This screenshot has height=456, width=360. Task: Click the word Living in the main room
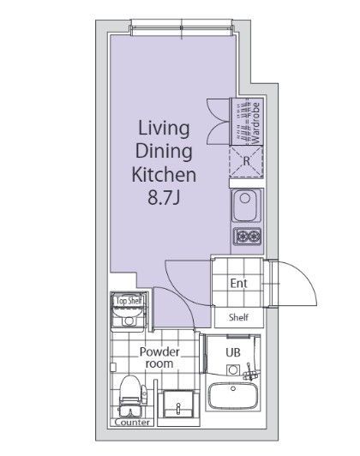(x=164, y=129)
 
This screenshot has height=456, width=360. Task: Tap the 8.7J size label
(x=164, y=198)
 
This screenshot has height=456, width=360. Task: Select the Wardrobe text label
(x=255, y=123)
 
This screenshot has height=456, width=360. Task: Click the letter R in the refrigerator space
(x=246, y=161)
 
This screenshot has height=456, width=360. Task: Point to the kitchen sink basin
(x=246, y=206)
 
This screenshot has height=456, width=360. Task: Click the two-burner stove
(x=248, y=236)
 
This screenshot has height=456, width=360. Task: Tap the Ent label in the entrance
(x=238, y=283)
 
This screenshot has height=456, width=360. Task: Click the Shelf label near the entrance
(x=238, y=317)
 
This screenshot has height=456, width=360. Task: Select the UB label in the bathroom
(x=233, y=352)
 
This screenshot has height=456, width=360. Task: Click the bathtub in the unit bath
(x=233, y=396)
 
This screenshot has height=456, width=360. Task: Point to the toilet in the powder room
(x=130, y=396)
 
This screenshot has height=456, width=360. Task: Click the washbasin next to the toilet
(x=178, y=405)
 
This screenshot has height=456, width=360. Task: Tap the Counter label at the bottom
(x=132, y=423)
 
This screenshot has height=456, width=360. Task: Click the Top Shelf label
(x=129, y=301)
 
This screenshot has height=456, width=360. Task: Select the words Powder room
(x=159, y=357)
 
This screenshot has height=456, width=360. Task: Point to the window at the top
(x=182, y=28)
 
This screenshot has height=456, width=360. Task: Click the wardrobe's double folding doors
(x=219, y=121)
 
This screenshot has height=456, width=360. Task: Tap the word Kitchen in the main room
(x=164, y=175)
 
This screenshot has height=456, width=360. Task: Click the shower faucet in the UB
(x=249, y=373)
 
